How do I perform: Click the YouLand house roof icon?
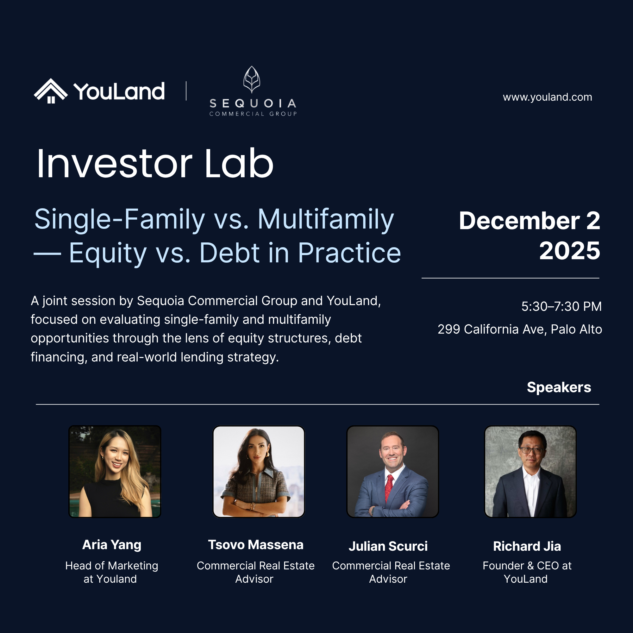pos(51,91)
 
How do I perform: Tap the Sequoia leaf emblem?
pos(252,79)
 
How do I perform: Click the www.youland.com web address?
pos(548,97)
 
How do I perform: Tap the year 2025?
pos(570,251)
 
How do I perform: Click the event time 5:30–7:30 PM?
pos(561,307)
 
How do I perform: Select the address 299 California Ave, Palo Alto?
pos(520,329)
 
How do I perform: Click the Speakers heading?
pos(559,388)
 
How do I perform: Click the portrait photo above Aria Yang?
pos(115,472)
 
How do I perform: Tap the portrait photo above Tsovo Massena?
pos(259,472)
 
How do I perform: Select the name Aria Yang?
pos(112,545)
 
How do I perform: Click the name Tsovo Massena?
pos(255,545)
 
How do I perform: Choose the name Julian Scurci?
pos(388,547)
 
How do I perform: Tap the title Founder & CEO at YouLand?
pos(527,572)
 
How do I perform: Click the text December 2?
pos(530,221)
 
